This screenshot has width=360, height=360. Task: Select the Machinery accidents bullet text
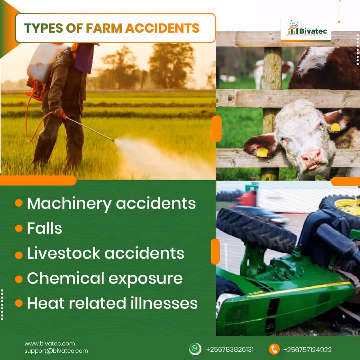point(111,203)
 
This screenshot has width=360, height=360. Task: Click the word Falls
point(44,228)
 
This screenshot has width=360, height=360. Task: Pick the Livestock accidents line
point(105,253)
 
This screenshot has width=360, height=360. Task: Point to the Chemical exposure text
point(105,278)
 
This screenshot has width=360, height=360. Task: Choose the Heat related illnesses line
point(112,303)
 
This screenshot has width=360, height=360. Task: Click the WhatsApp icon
point(195,349)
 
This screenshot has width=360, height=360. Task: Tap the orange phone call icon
point(274,349)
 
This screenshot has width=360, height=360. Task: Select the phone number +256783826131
point(230,350)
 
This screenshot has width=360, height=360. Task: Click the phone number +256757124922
point(307,350)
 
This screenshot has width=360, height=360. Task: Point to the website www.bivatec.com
point(49,344)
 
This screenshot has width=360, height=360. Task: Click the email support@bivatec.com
point(56,351)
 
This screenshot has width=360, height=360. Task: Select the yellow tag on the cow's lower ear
point(262,152)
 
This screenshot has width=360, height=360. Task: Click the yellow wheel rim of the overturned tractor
point(348,207)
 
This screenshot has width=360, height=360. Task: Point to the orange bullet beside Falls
point(19,229)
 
